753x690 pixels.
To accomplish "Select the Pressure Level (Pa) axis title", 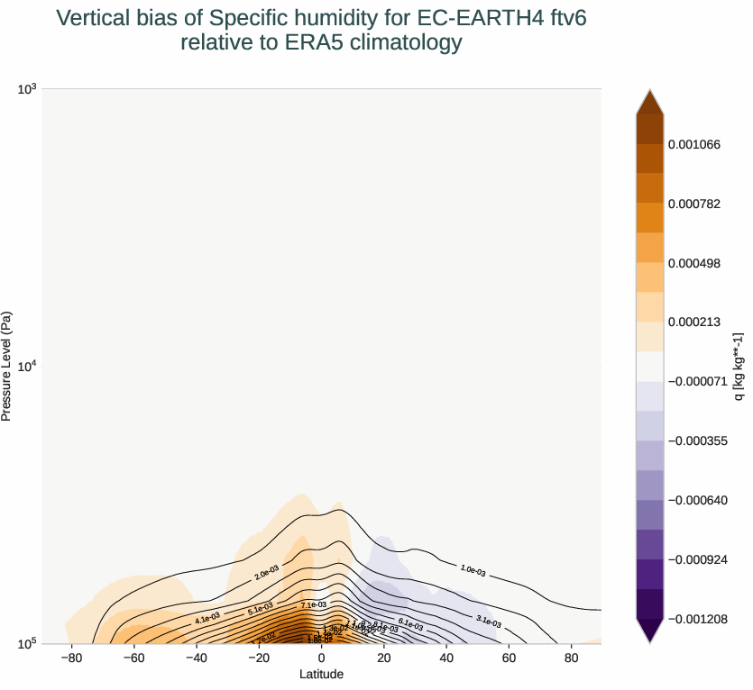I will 7,367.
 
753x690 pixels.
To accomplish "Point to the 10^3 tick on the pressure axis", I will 26,88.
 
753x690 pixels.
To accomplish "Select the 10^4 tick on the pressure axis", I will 26,366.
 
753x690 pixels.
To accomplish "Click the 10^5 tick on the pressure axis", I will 26,643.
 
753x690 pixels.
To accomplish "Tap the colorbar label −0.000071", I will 697,381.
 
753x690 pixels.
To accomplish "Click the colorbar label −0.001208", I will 697,619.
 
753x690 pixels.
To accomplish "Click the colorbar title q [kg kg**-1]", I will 739,367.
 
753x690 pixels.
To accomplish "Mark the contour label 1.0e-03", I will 473,569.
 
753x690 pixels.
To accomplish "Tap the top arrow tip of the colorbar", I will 649,91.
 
